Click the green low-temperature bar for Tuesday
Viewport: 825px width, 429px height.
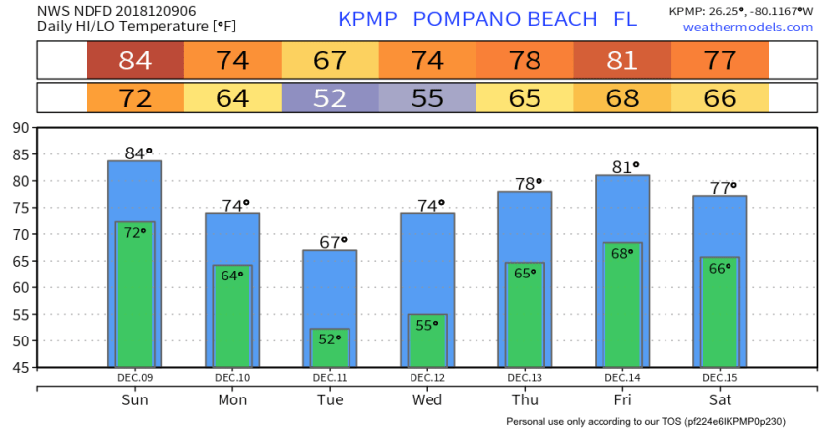coord(330,347)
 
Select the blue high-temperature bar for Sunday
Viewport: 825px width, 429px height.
coord(135,192)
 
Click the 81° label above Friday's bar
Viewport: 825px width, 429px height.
coord(623,167)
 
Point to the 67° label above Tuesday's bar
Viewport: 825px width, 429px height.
coord(330,242)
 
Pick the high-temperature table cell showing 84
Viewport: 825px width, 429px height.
coord(135,60)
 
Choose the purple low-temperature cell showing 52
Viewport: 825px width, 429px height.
coord(330,98)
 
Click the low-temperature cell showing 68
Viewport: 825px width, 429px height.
coord(622,98)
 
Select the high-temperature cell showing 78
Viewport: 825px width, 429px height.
coord(525,60)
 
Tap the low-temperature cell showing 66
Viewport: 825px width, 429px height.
coord(720,98)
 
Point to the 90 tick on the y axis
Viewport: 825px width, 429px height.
coord(20,128)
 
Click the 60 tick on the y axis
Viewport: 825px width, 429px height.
coord(20,287)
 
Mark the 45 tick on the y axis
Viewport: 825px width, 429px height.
coord(20,367)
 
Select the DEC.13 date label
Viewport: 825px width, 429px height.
coord(525,377)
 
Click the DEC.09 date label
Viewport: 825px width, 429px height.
coord(135,377)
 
